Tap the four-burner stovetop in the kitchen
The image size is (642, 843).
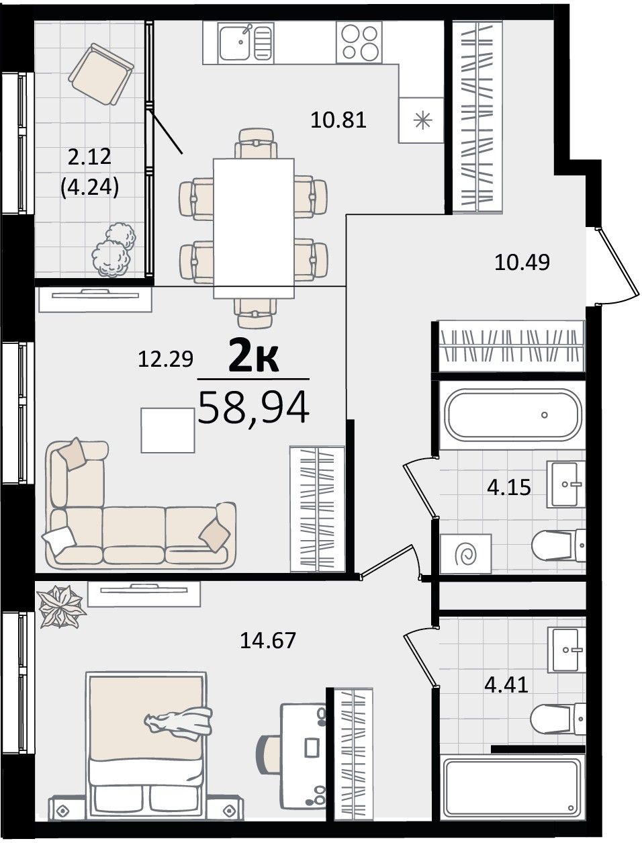click(x=359, y=42)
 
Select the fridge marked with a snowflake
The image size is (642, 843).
click(x=421, y=120)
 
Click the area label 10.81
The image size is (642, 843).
click(x=338, y=120)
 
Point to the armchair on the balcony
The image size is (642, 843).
click(x=101, y=74)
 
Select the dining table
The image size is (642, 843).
click(x=254, y=228)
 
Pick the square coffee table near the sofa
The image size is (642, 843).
click(x=168, y=430)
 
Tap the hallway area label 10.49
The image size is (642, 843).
click(x=522, y=263)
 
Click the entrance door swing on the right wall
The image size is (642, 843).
click(x=616, y=265)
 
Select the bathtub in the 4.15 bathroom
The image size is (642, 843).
click(x=513, y=414)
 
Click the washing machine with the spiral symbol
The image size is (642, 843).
click(x=465, y=553)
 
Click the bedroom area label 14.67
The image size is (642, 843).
click(x=268, y=640)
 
